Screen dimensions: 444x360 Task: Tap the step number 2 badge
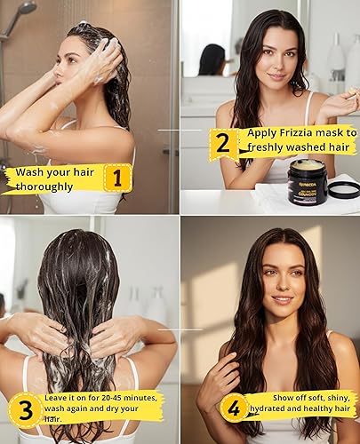click(223, 142)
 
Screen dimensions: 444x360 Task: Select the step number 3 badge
click(27, 409)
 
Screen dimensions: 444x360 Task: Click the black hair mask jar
click(307, 182)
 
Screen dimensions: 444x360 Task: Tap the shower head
click(24, 10)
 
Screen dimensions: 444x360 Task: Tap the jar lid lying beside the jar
click(343, 188)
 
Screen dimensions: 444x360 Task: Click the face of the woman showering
click(75, 64)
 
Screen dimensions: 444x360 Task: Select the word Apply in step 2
click(253, 132)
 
